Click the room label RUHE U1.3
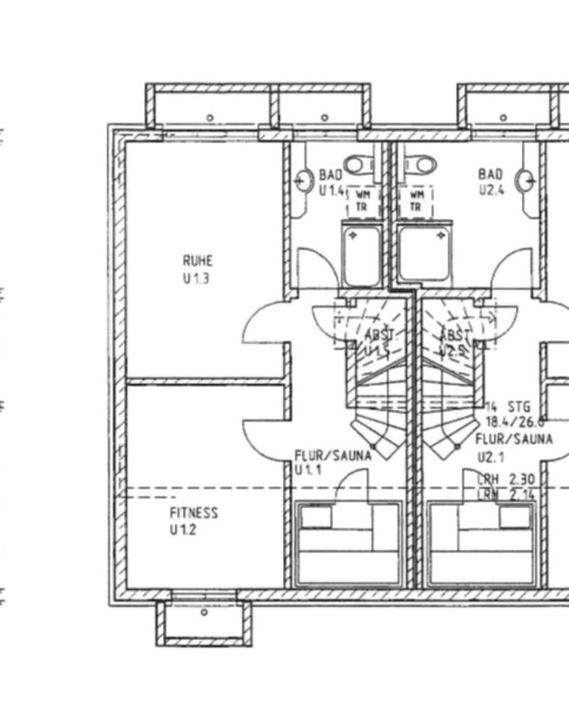tap(198, 269)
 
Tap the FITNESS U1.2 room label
tap(193, 521)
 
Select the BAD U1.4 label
tap(331, 182)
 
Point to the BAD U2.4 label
tap(490, 181)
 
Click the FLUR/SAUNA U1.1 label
tap(332, 462)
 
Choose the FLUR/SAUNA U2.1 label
tap(514, 448)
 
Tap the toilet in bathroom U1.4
tap(360, 163)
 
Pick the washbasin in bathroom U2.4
tap(525, 181)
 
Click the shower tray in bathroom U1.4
tap(363, 255)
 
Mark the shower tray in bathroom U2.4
tap(425, 254)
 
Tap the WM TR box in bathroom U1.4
tap(363, 201)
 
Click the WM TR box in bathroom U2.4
tap(416, 201)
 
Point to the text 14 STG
tap(508, 406)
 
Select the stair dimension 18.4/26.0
tap(514, 422)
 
